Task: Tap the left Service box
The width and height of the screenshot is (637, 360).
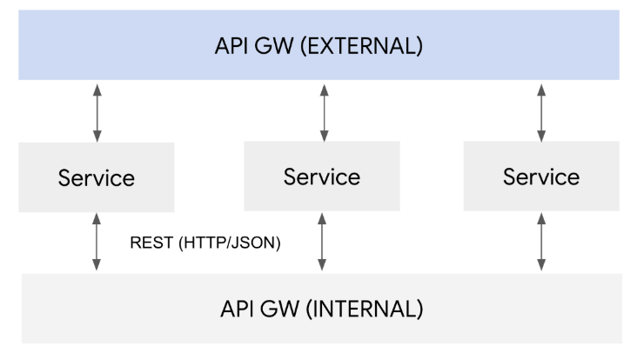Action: tap(97, 177)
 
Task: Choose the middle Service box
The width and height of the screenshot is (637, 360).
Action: tap(322, 177)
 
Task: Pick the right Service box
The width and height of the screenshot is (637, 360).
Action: tap(541, 177)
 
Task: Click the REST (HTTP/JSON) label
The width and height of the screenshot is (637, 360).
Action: tap(205, 244)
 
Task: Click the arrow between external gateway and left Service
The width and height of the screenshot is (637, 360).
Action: tap(97, 113)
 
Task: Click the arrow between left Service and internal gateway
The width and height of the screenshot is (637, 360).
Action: tap(97, 243)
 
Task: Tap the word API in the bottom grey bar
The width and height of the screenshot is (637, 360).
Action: tap(236, 309)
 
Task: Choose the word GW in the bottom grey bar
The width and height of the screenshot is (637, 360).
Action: tap(278, 309)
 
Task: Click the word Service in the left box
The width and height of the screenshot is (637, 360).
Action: tap(97, 178)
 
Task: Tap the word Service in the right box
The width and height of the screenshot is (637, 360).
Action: tap(541, 177)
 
